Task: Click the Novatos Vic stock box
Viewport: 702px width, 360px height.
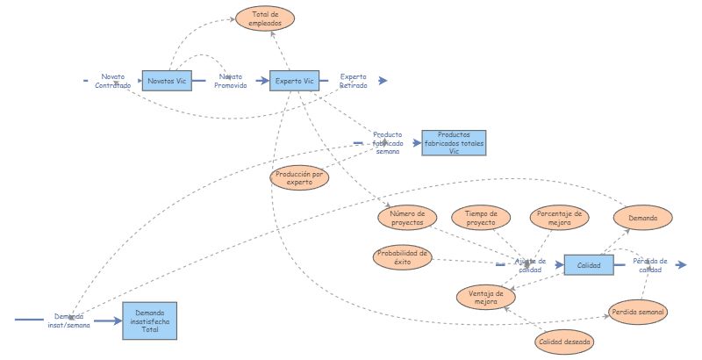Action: [x=168, y=81]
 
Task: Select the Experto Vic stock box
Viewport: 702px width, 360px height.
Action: [x=294, y=81]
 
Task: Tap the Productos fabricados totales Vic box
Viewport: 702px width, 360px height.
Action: [x=454, y=142]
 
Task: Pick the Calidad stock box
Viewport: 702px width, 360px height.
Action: [x=589, y=264]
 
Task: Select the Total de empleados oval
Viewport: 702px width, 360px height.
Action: [x=265, y=18]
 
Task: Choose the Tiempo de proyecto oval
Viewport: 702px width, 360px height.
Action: [x=481, y=218]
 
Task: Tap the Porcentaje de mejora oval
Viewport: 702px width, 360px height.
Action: [x=559, y=218]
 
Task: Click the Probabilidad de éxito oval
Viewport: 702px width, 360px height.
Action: [x=402, y=257]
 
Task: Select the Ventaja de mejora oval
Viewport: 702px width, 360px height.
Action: [x=486, y=298]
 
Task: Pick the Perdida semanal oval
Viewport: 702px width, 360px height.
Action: [x=639, y=312]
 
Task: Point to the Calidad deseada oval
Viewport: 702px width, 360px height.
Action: [x=564, y=341]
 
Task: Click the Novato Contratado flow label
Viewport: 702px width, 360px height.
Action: [x=112, y=81]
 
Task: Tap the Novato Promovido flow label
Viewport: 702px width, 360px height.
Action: [x=232, y=81]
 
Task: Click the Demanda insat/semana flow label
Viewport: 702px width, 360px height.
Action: [x=68, y=320]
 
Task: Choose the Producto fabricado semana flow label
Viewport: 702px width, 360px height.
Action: [x=387, y=143]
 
